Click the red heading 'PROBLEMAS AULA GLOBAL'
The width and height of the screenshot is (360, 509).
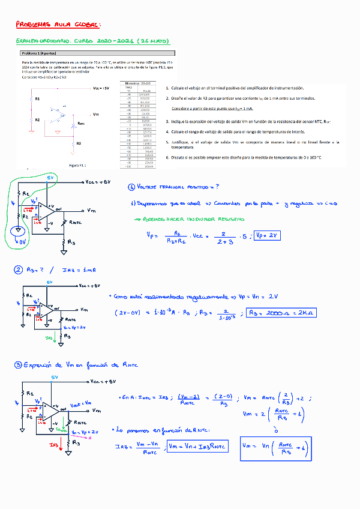click(58, 25)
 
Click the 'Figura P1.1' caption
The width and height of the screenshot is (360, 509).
click(78, 164)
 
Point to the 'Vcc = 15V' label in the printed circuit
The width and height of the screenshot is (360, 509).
click(100, 88)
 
